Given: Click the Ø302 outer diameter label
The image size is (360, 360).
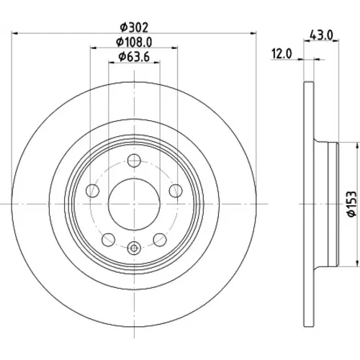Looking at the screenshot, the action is pyautogui.click(x=135, y=27).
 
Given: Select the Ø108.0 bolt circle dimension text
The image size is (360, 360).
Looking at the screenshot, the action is pyautogui.click(x=134, y=42).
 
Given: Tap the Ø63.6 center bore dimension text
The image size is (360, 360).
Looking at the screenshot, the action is pyautogui.click(x=134, y=57).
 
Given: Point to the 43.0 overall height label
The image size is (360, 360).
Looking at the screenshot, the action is pyautogui.click(x=321, y=35).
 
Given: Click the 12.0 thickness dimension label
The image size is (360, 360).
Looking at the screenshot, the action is pyautogui.click(x=282, y=53).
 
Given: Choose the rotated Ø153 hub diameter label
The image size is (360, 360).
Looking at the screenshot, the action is pyautogui.click(x=352, y=204).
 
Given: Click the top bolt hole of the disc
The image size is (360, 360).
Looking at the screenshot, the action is pyautogui.click(x=134, y=161).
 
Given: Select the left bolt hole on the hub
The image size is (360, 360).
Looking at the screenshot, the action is pyautogui.click(x=92, y=191).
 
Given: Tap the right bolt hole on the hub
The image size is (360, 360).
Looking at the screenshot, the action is pyautogui.click(x=176, y=191).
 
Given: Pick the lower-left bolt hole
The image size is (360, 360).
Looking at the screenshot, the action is pyautogui.click(x=109, y=240).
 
